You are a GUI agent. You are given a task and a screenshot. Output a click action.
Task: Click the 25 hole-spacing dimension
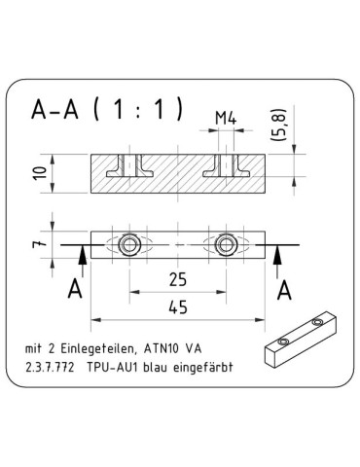pyautogui.click(x=177, y=280)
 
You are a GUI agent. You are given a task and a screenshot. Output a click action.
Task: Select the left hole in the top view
pyautogui.click(x=128, y=243)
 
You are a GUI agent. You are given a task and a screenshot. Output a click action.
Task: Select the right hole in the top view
pyautogui.click(x=227, y=243)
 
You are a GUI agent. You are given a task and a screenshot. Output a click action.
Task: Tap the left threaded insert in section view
pyautogui.click(x=128, y=168)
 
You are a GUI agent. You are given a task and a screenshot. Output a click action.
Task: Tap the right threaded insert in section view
pyautogui.click(x=227, y=168)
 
